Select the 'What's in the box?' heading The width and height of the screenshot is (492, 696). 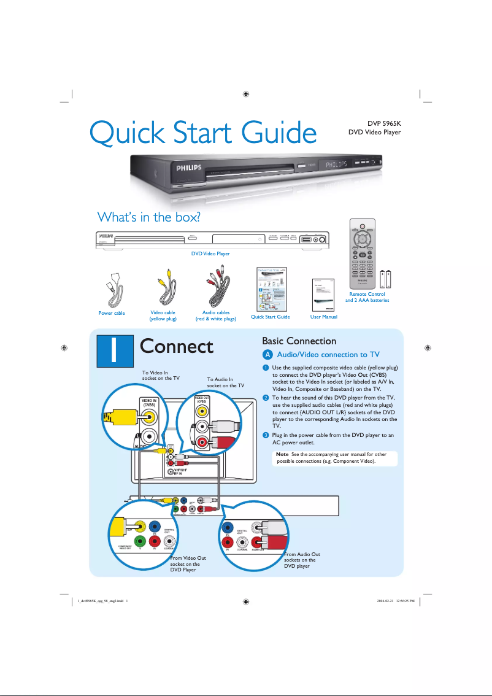[x=150, y=217]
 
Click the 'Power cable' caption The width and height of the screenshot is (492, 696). [x=112, y=313]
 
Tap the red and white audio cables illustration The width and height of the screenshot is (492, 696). [x=215, y=287]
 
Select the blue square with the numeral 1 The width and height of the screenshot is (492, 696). [x=117, y=347]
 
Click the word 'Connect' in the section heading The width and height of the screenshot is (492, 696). [x=177, y=346]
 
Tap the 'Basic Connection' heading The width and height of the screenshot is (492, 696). [x=299, y=341]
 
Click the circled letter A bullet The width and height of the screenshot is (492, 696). [x=266, y=355]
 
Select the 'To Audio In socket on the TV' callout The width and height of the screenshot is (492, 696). [x=225, y=382]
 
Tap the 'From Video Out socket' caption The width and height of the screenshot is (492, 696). [x=188, y=563]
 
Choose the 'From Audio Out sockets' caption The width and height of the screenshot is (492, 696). [x=302, y=560]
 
